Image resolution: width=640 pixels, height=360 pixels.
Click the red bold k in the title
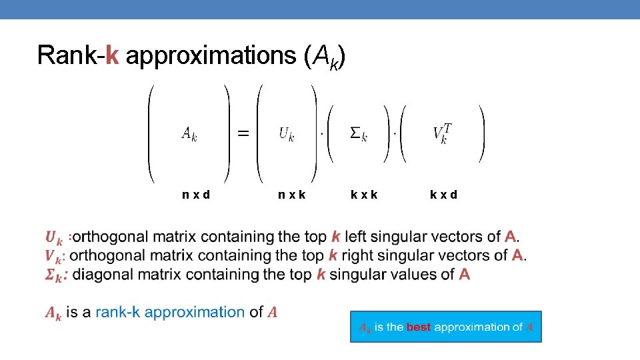coord(112,55)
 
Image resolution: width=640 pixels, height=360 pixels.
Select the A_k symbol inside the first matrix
coord(189,133)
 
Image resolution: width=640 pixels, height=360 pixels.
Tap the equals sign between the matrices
coord(244,133)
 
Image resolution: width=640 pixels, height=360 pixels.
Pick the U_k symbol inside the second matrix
coord(286,133)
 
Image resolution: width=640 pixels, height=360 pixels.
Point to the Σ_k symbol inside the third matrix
coord(359,133)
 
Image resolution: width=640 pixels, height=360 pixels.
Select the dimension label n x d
coord(196,195)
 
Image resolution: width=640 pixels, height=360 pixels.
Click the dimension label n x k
coord(292,195)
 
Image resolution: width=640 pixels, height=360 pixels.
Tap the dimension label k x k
coord(364,195)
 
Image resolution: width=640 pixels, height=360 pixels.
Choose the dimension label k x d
coord(443,195)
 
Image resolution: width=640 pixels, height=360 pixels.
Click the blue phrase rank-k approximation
coord(170,312)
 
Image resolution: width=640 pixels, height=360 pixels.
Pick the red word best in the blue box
coord(419,327)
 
